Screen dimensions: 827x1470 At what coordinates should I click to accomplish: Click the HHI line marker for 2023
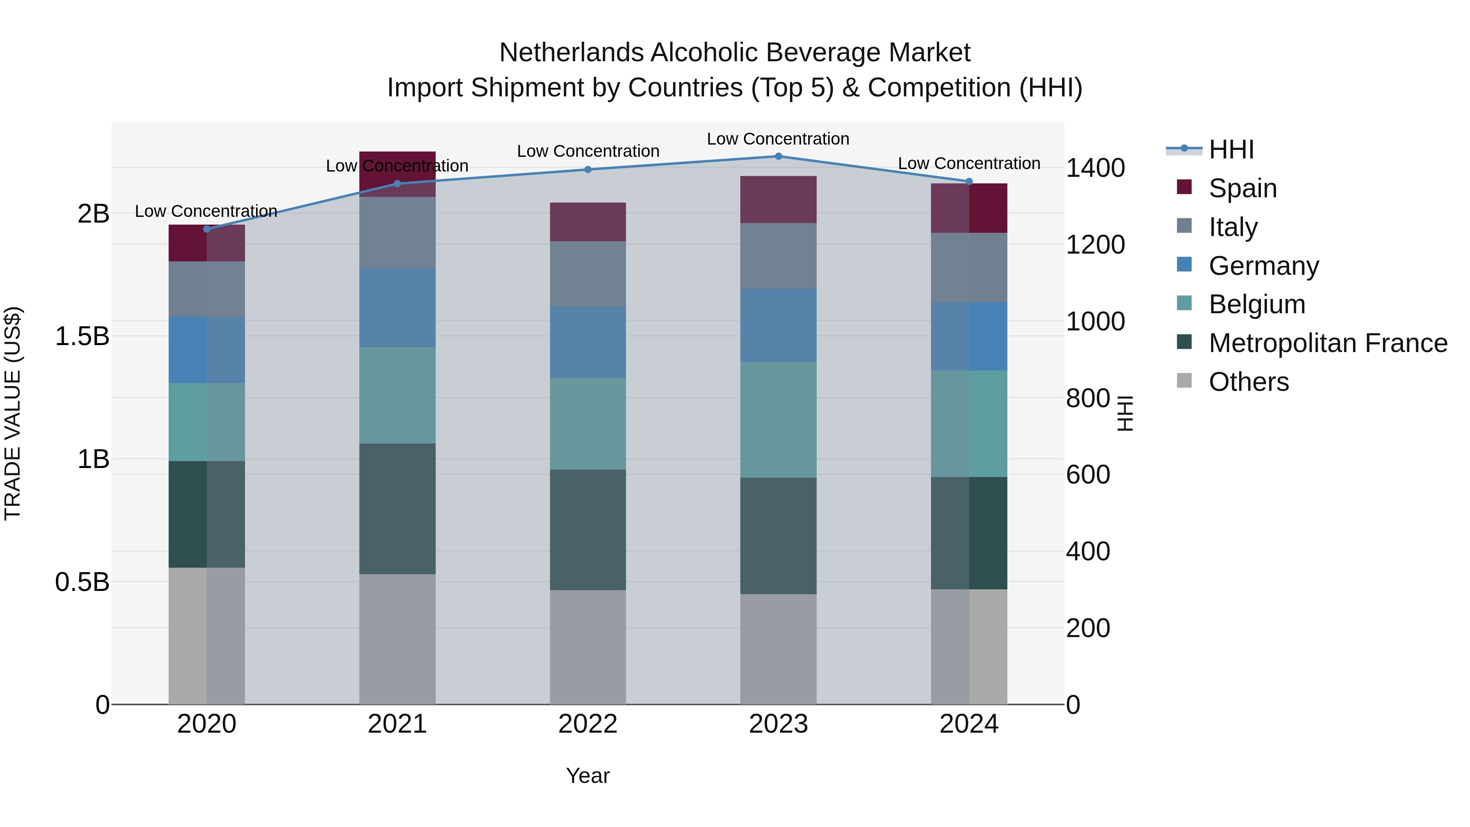click(778, 156)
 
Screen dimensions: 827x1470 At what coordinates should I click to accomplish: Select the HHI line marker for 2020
click(207, 229)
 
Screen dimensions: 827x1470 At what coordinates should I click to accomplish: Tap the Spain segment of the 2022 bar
click(588, 222)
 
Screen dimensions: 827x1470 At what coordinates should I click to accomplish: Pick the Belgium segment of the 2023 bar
click(778, 419)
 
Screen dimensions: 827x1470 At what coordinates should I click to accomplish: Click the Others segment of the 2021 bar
click(397, 639)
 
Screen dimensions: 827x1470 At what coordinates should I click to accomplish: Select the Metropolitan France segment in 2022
click(588, 530)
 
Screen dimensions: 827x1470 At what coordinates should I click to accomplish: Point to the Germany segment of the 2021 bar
click(397, 308)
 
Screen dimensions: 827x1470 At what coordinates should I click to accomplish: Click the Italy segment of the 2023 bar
click(778, 256)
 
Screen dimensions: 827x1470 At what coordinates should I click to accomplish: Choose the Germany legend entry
click(1263, 266)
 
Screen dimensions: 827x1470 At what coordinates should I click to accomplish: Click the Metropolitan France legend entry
click(1327, 343)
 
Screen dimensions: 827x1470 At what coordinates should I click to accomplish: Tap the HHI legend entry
click(1231, 149)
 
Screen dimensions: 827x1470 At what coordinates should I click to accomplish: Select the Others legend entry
click(1248, 382)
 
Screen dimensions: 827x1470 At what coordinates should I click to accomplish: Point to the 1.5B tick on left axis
click(82, 336)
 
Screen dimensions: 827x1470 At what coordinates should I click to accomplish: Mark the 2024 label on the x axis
click(969, 724)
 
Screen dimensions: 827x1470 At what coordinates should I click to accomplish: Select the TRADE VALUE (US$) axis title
click(13, 413)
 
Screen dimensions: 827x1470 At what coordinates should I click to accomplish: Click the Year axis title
click(588, 776)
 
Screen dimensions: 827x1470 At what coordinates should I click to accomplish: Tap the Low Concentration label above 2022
click(588, 151)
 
